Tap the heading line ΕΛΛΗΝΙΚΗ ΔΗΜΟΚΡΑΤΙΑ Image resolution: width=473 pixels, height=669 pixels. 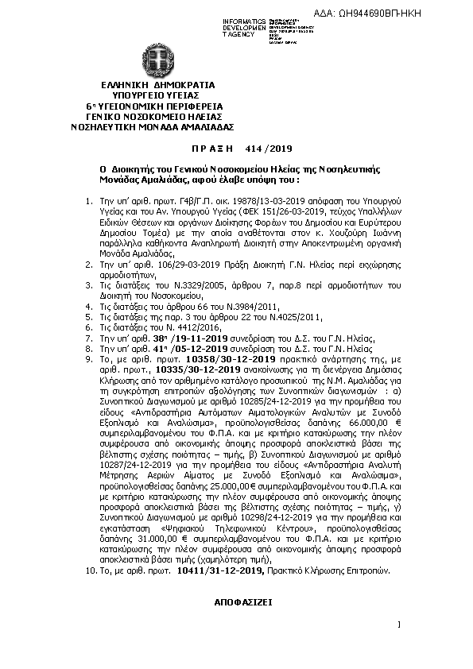pyautogui.click(x=153, y=85)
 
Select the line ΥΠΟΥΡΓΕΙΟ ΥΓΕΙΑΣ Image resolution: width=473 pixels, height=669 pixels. pyautogui.click(x=153, y=95)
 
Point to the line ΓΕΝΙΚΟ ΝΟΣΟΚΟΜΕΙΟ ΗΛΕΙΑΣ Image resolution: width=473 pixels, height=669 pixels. pyautogui.click(x=153, y=116)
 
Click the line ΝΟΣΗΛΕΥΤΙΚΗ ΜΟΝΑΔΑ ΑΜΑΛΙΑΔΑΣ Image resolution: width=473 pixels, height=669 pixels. pyautogui.click(x=153, y=126)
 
